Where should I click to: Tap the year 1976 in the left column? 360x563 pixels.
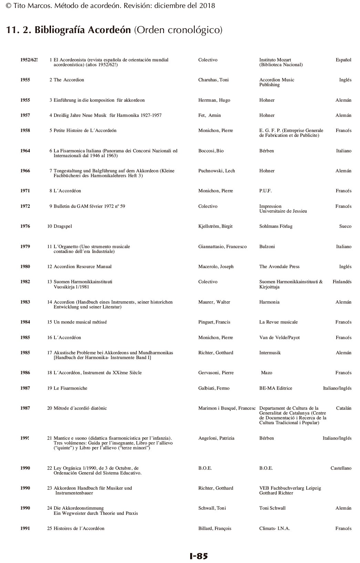click(25, 226)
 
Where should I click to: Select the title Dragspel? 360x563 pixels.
click(63, 226)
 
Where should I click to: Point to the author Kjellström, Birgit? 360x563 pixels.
click(215, 226)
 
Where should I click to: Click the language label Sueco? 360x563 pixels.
click(345, 226)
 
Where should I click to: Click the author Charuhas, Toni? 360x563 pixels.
click(213, 80)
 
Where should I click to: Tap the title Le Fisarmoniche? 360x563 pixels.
click(70, 388)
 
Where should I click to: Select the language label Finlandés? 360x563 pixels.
click(342, 282)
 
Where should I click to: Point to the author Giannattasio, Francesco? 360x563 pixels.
click(222, 247)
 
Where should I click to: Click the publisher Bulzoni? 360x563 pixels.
click(267, 247)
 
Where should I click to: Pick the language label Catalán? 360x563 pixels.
click(343, 408)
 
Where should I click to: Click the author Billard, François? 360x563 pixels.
click(215, 529)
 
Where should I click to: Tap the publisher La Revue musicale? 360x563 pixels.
click(278, 322)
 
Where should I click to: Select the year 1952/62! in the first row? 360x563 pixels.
click(29, 60)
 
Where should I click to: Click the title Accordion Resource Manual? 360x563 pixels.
click(82, 267)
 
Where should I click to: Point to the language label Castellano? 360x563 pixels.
click(341, 468)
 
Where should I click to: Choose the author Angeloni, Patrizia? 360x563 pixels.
click(216, 438)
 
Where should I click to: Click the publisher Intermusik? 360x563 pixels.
click(270, 353)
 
